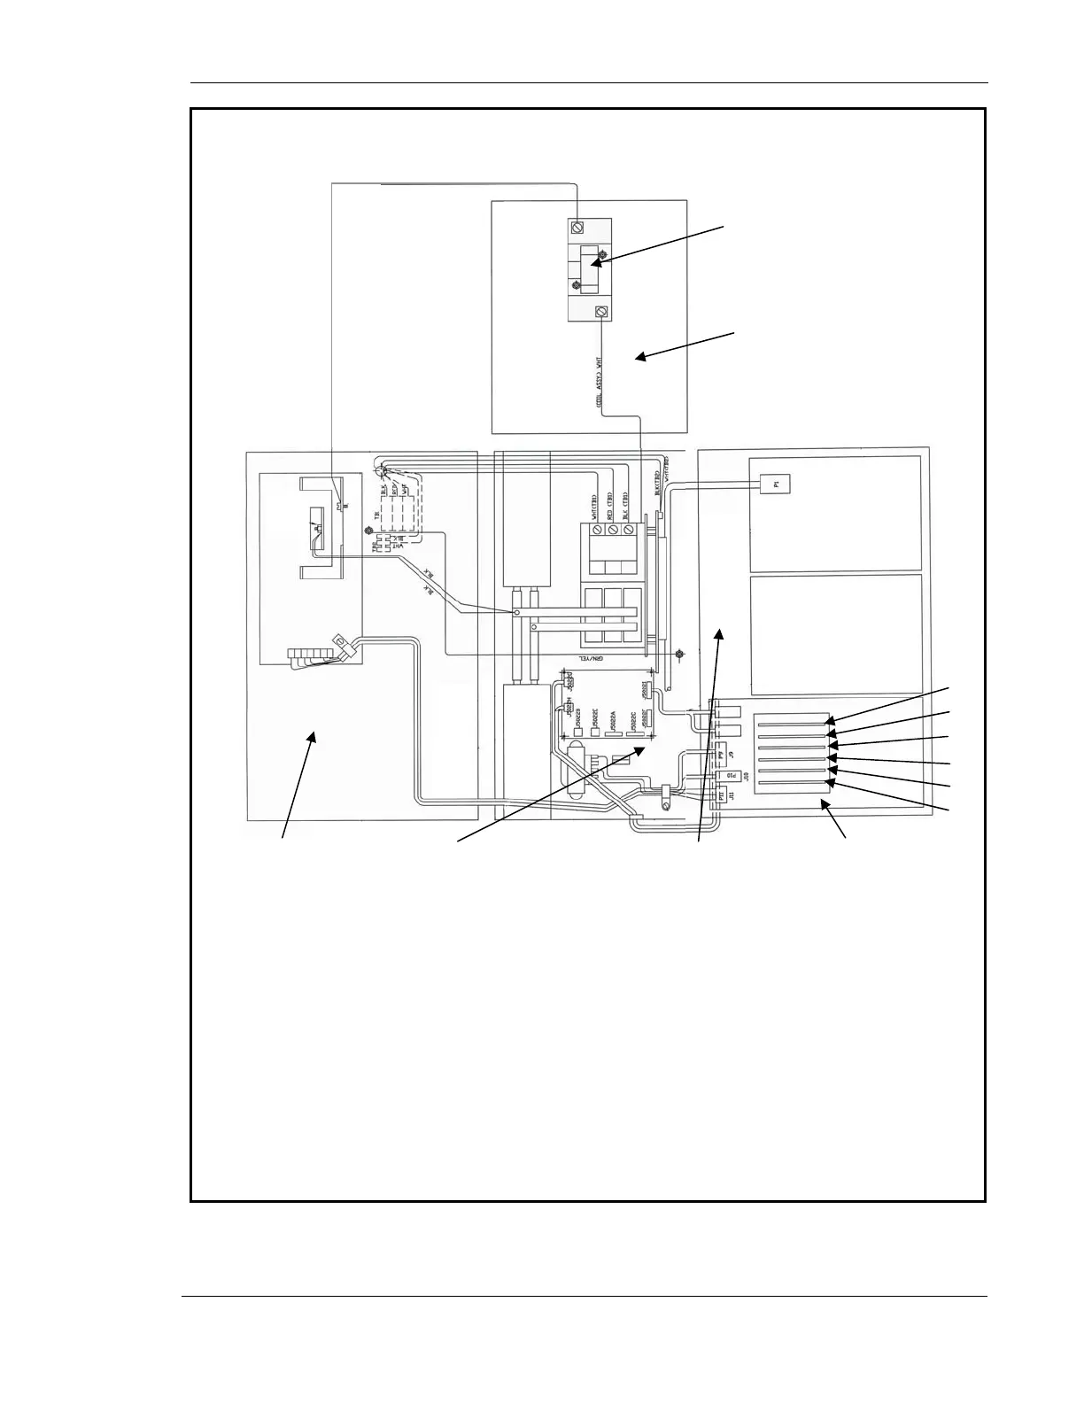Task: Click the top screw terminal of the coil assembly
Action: tap(577, 226)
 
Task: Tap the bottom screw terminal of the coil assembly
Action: tap(602, 312)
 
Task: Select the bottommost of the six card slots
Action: tap(792, 782)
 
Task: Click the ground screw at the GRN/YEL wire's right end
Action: tap(678, 655)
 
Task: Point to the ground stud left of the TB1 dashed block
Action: tap(368, 531)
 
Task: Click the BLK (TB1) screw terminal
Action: tap(630, 531)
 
